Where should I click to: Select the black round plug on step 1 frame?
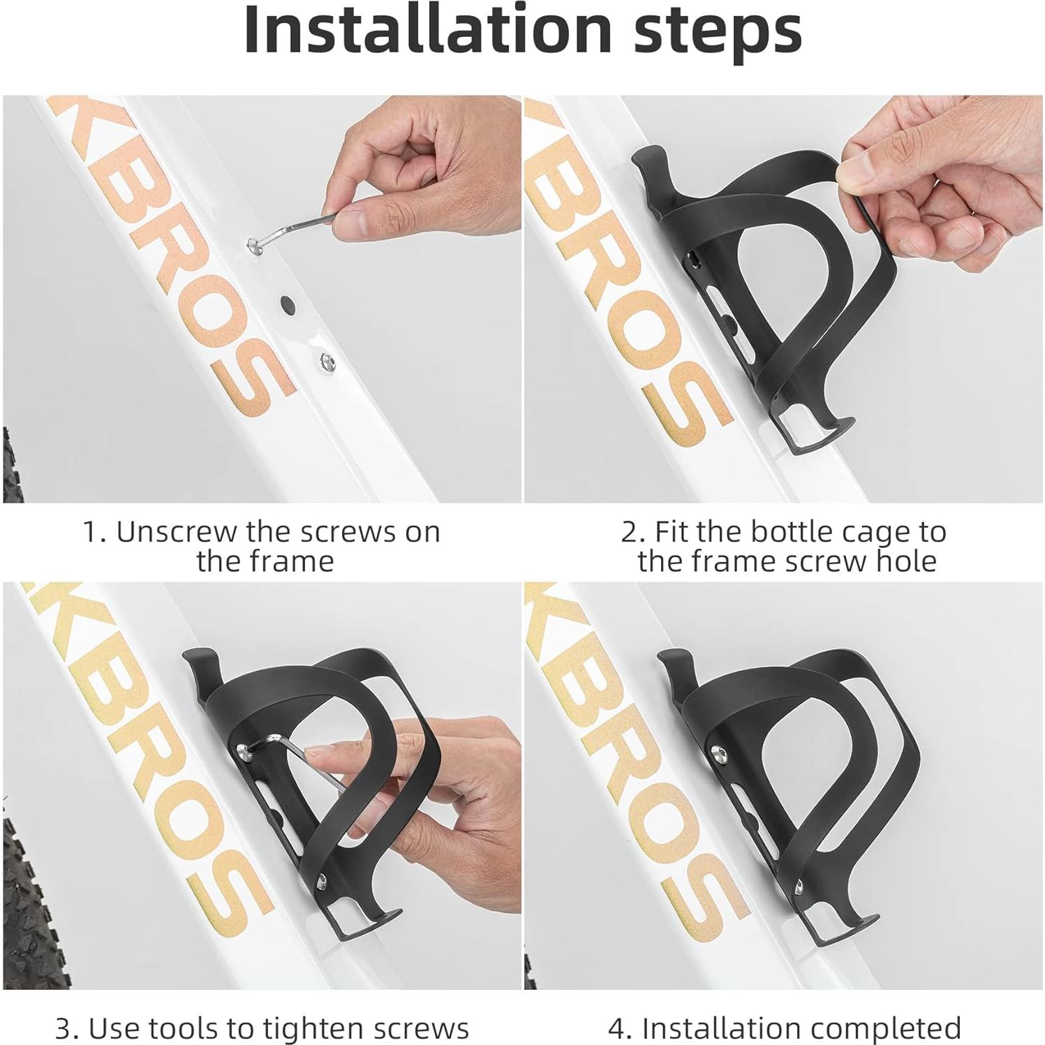pos(287,303)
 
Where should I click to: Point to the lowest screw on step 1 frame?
pos(326,361)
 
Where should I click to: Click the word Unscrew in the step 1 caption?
pos(176,532)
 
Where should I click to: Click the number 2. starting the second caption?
pos(632,533)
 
